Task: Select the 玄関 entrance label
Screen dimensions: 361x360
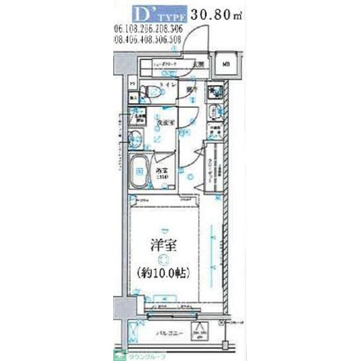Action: [199, 64]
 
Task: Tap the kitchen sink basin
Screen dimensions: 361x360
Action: [214, 111]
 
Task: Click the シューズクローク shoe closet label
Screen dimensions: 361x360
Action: [167, 64]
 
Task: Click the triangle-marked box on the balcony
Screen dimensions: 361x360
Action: [202, 332]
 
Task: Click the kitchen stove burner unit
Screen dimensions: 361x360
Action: [214, 91]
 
